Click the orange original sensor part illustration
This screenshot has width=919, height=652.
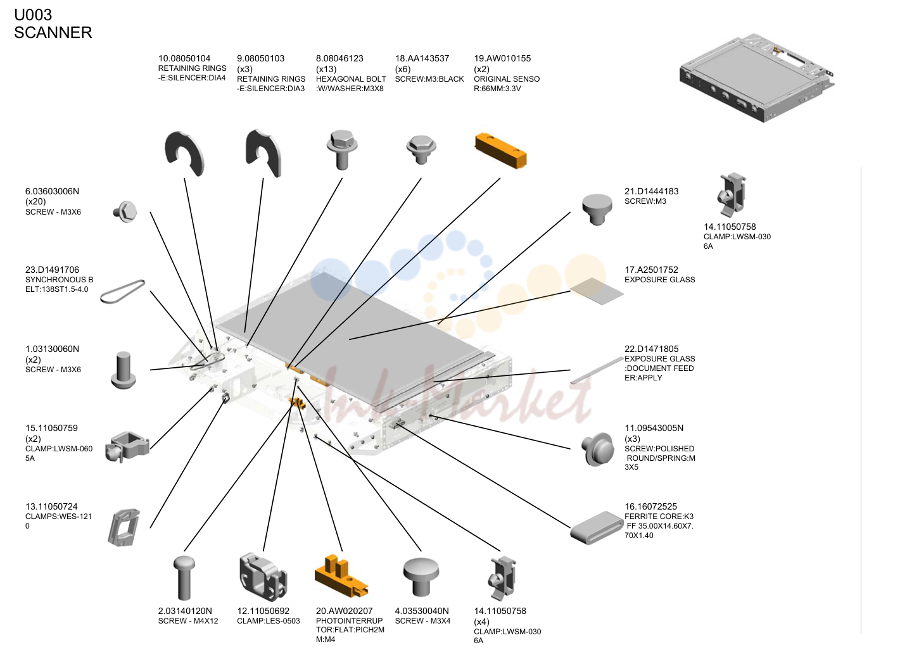tap(500, 151)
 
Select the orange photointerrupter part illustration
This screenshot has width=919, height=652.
tap(341, 577)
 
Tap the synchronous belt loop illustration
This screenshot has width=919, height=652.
tap(123, 292)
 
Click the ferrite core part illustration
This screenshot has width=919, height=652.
tap(597, 528)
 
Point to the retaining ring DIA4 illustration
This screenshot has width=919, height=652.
tap(184, 154)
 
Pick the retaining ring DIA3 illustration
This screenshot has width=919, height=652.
tap(263, 153)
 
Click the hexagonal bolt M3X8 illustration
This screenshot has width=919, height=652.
tap(342, 149)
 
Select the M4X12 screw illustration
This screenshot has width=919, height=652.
tap(184, 578)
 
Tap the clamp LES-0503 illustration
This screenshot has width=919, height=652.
tap(263, 577)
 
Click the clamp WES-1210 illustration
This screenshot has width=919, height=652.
tap(124, 527)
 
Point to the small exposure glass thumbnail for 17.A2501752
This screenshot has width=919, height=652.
tap(597, 291)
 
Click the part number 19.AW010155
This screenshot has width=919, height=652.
tap(502, 58)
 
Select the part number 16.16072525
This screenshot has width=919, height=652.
tap(650, 506)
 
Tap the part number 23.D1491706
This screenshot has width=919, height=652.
tap(52, 270)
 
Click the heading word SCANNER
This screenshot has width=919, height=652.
tap(53, 32)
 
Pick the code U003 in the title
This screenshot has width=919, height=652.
tap(33, 15)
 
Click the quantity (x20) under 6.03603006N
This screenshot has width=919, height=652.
tap(35, 201)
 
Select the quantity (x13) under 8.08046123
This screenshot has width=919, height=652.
tap(326, 69)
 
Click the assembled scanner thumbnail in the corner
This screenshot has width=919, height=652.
tap(757, 78)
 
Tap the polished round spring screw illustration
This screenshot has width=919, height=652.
tap(598, 449)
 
